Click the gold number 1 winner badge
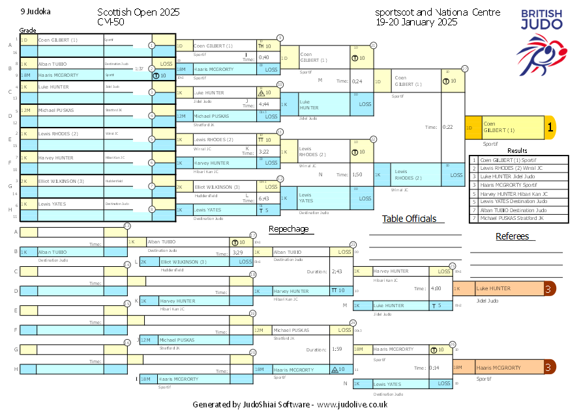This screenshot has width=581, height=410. (x=550, y=128)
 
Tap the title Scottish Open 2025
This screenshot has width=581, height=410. (x=138, y=12)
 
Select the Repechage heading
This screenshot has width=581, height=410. (x=288, y=229)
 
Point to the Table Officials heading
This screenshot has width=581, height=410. (x=409, y=219)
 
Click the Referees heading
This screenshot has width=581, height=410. (x=512, y=236)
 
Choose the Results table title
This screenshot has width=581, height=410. (x=517, y=150)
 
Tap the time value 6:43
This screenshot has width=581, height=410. (x=264, y=198)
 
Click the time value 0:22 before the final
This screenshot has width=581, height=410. (x=448, y=127)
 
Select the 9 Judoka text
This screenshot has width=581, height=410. (x=35, y=12)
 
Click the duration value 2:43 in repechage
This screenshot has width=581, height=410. (x=337, y=271)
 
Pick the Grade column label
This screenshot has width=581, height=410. (x=27, y=30)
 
